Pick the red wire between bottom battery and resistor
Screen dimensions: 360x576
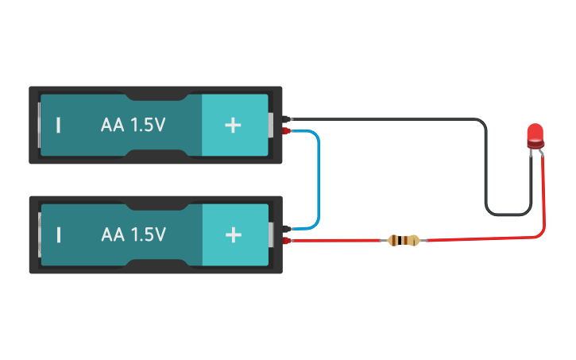pos(342,240)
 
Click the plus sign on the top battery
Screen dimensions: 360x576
pos(233,125)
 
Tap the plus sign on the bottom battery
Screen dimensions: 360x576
pos(233,234)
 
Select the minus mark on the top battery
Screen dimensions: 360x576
pos(58,125)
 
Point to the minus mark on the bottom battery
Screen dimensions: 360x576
pos(58,234)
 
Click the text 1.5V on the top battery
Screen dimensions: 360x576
pos(148,125)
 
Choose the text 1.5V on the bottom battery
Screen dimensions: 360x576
pos(148,234)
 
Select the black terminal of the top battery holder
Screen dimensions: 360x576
pos(287,119)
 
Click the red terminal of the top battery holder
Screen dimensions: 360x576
pos(287,130)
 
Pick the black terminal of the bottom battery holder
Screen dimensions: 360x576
pos(287,229)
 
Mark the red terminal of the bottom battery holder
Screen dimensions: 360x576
pos(287,240)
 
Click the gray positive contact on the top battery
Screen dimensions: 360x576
pos(272,125)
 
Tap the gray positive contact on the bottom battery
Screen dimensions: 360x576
pos(272,234)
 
